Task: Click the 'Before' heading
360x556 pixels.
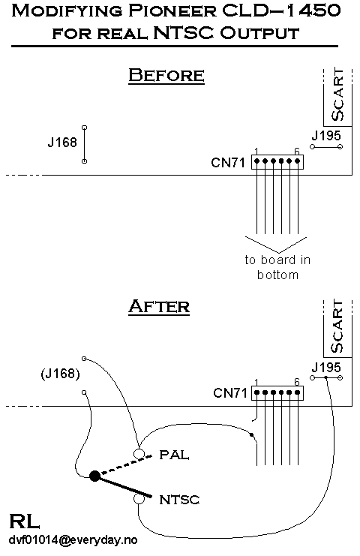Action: [166, 75]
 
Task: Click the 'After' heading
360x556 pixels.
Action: [159, 306]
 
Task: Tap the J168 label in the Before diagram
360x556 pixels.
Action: [62, 143]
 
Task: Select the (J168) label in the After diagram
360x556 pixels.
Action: [60, 374]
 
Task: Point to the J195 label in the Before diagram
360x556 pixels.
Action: [326, 135]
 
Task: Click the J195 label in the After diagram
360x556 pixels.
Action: [326, 367]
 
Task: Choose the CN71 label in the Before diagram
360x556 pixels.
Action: [228, 163]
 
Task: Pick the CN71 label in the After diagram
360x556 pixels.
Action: [230, 393]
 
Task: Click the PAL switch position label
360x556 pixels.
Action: [174, 455]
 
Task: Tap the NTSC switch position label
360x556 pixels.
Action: [180, 500]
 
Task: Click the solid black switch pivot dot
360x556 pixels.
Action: [94, 476]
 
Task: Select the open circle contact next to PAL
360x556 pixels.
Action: [139, 453]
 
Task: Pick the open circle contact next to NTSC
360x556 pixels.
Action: [139, 499]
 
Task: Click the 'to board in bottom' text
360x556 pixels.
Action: [277, 267]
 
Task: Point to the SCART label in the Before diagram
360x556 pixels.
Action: [338, 95]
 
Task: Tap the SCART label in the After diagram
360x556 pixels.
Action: [338, 326]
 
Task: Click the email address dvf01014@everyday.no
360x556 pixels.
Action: [73, 540]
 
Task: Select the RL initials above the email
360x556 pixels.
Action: [24, 521]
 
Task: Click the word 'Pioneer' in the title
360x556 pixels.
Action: [172, 11]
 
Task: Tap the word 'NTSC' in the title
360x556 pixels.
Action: [184, 32]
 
